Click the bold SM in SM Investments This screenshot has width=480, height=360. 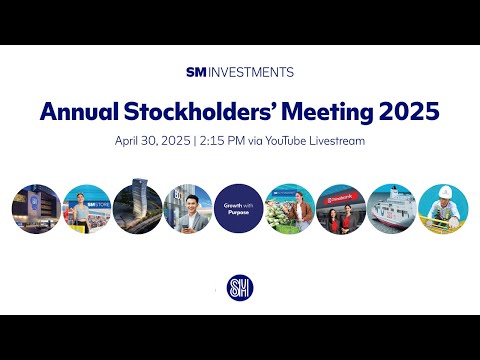point(196,72)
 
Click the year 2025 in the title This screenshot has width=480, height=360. point(410,111)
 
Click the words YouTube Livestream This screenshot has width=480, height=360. point(326,141)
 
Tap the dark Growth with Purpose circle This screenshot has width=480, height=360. point(239,208)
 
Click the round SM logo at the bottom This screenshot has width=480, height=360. point(240,289)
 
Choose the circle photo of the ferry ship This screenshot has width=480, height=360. point(391,208)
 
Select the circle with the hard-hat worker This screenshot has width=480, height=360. point(442,208)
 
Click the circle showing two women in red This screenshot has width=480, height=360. point(341,208)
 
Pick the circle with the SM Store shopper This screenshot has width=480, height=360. point(87,208)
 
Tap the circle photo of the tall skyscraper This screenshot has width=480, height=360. point(138,208)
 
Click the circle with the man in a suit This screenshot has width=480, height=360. point(188,208)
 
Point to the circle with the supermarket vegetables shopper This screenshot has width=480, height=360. point(290,208)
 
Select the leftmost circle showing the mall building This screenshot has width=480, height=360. point(37,208)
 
